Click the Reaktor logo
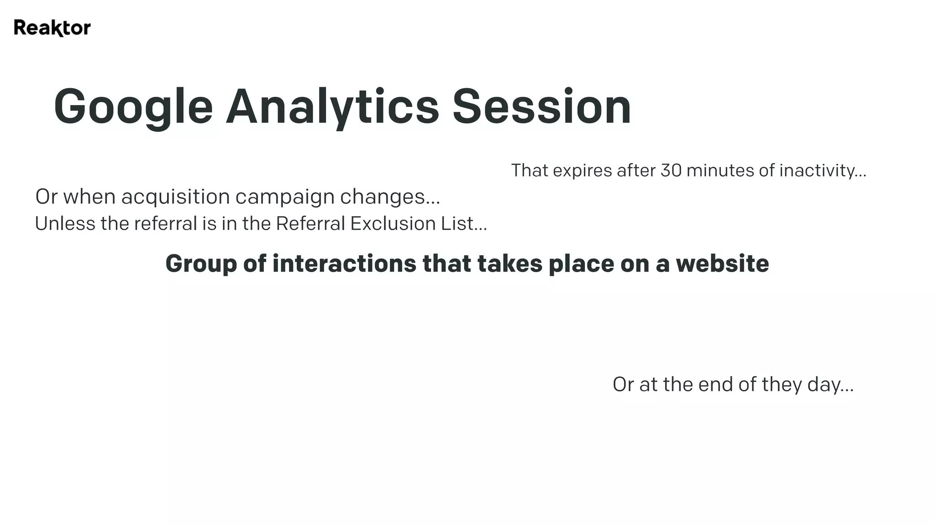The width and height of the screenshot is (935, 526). pos(52,28)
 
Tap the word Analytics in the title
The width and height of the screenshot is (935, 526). pos(332,107)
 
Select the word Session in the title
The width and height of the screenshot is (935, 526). pos(541,107)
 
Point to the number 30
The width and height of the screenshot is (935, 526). pos(671,170)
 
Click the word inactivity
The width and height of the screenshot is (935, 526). pos(822,170)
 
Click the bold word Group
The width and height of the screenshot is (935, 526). pos(201,264)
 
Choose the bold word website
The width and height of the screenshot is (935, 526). pos(722,263)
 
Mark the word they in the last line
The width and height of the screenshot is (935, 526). pos(782,384)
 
